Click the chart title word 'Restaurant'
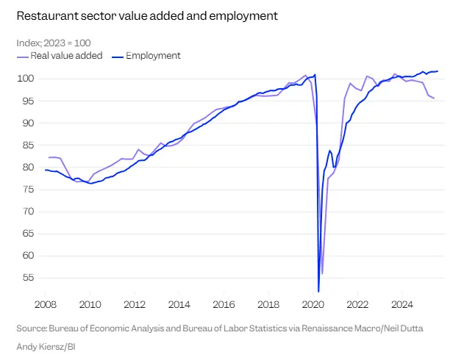[44, 15]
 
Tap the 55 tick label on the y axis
[28, 278]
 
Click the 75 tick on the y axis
[28, 190]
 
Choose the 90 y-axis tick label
[28, 123]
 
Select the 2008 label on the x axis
[46, 303]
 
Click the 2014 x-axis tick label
[179, 303]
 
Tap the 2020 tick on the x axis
[313, 303]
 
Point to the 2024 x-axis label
[402, 303]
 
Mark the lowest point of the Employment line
[318, 291]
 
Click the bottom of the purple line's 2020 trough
[322, 273]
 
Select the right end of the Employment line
[438, 71]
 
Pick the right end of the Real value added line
[434, 98]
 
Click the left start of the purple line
[49, 157]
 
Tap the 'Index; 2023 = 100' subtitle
[54, 43]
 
